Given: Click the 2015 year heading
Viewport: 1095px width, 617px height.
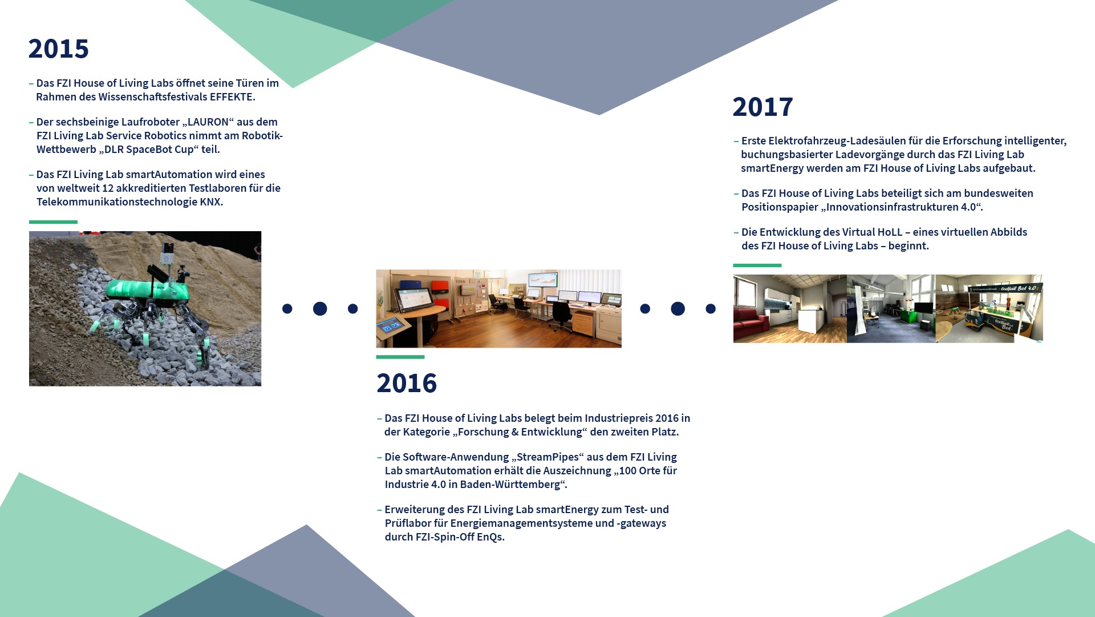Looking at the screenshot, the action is [x=59, y=49].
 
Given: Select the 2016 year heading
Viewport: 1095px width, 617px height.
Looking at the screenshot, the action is [x=407, y=383].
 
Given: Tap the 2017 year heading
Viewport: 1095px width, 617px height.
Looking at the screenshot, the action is [x=763, y=107].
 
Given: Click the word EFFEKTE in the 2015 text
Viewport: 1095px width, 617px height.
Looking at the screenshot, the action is [x=231, y=97].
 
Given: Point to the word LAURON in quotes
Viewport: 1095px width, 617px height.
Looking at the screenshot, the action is [x=208, y=122].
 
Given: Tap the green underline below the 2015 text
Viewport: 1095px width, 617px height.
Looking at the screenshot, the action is [x=53, y=222].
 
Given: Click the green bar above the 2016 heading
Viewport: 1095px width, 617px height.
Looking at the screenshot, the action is [x=400, y=357].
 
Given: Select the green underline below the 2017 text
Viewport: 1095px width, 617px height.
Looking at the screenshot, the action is [x=757, y=265].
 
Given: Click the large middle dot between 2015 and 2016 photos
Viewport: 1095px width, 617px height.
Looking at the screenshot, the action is [x=320, y=309].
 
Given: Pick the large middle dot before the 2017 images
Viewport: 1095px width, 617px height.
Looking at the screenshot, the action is [x=678, y=309].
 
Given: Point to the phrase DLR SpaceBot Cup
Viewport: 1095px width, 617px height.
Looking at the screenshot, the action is [x=149, y=150].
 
